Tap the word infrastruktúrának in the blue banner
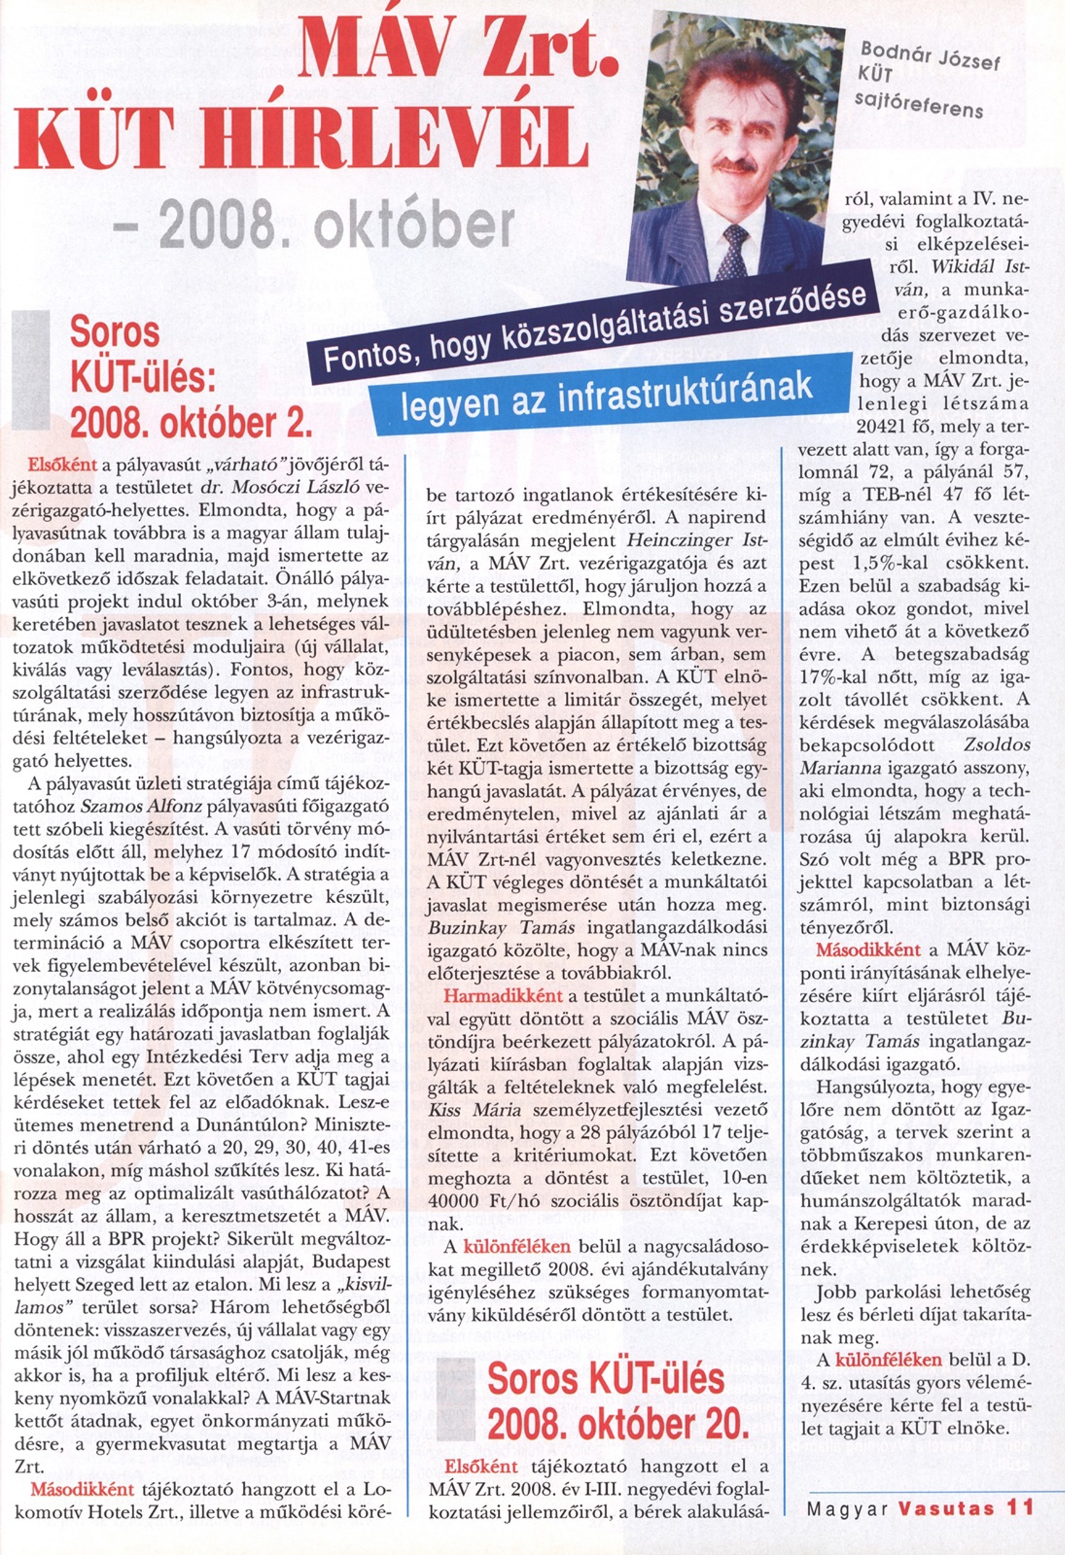[x=685, y=393]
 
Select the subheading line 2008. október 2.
[x=192, y=424]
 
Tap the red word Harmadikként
[x=503, y=996]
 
